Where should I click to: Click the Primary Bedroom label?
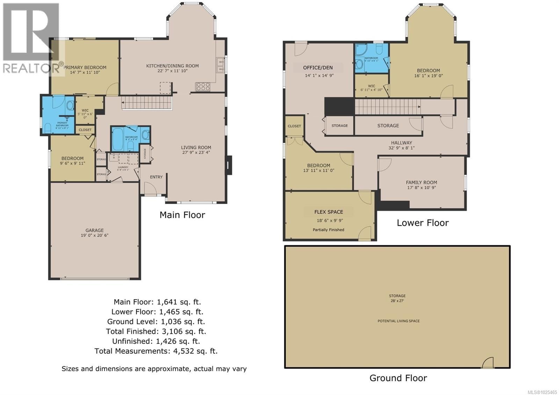tap(85, 67)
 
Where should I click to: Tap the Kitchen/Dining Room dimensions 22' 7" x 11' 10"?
tap(172, 71)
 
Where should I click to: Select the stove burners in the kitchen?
tap(203, 86)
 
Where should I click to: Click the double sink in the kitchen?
tap(220, 65)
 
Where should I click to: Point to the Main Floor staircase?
tap(147, 103)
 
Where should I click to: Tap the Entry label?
tap(156, 177)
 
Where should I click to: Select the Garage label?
tap(94, 230)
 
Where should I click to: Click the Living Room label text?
tap(196, 148)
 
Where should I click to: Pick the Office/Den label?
tap(318, 67)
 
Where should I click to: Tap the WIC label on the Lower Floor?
tap(371, 86)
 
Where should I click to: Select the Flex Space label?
tap(328, 212)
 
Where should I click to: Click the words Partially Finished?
tap(328, 230)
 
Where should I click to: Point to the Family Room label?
tap(421, 182)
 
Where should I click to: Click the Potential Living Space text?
tap(398, 321)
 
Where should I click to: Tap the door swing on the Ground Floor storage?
tap(488, 362)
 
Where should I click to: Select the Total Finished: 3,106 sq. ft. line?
tap(156, 331)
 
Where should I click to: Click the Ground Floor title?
tap(398, 378)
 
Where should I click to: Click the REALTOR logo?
tap(31, 38)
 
